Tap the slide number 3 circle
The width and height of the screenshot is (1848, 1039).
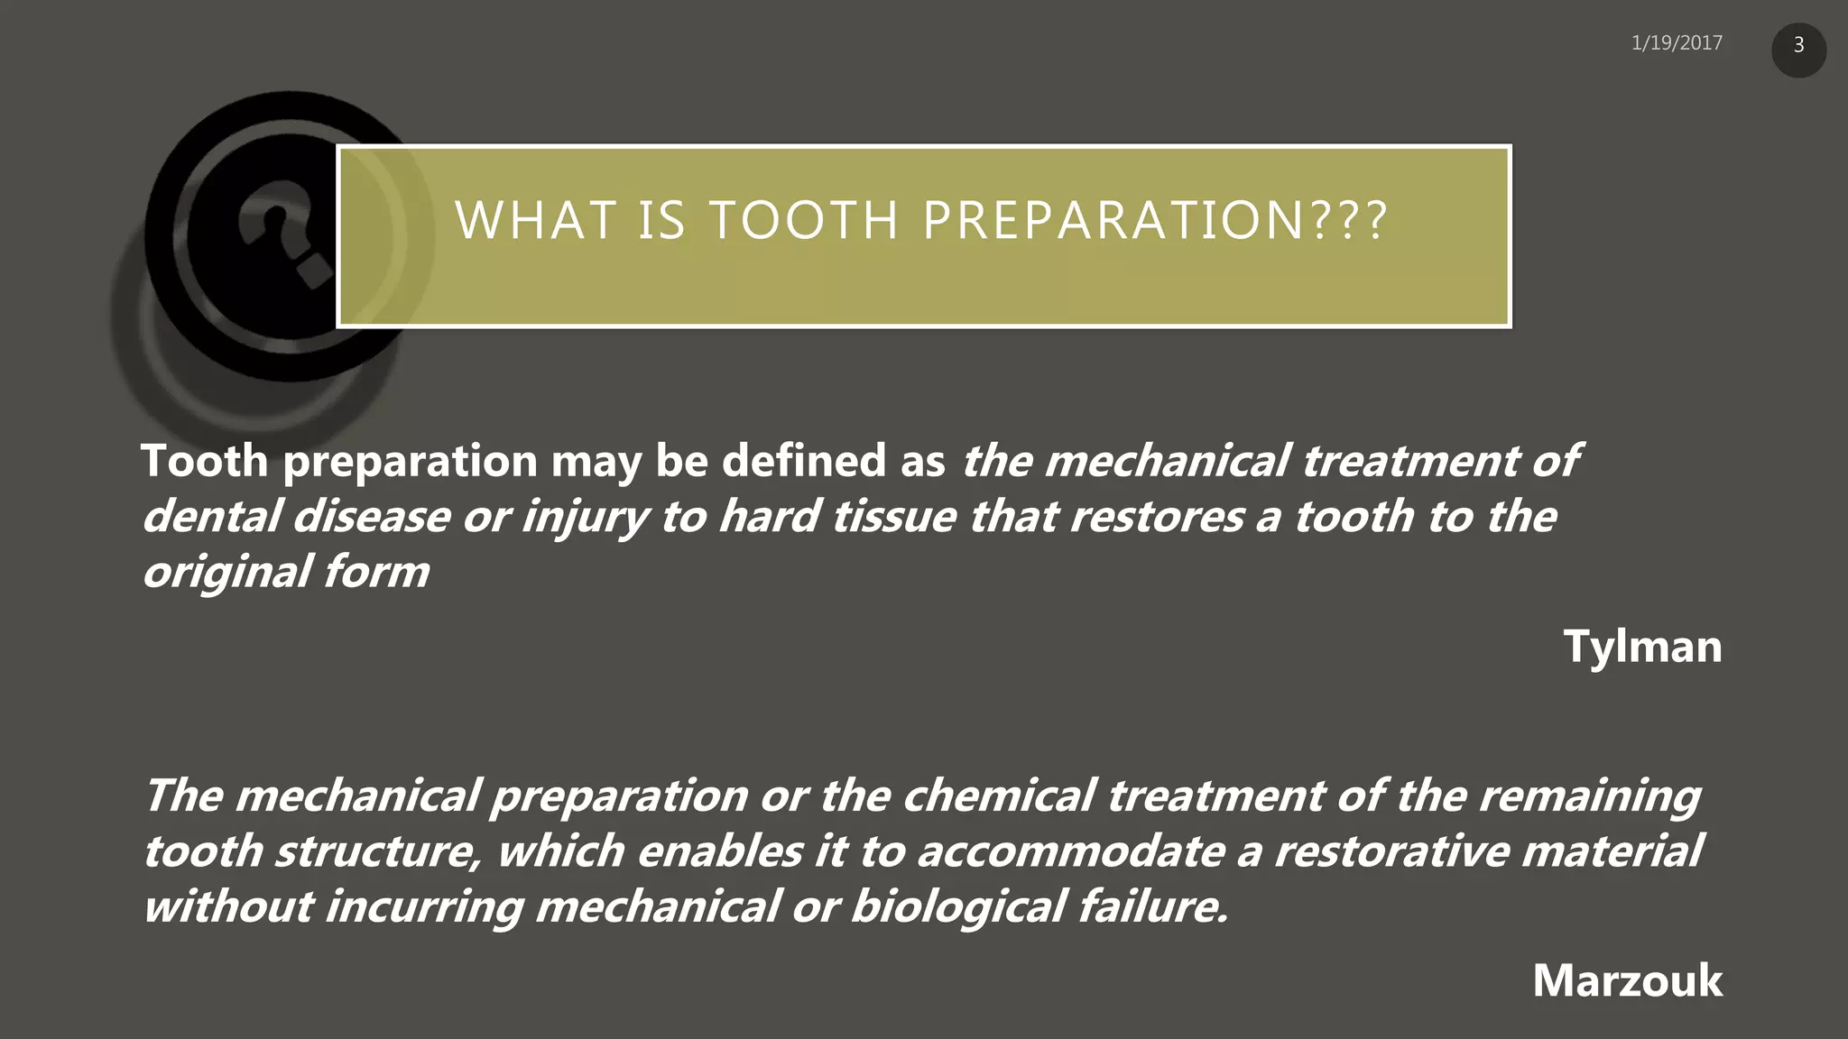(x=1798, y=46)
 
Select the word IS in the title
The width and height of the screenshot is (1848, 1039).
(x=661, y=221)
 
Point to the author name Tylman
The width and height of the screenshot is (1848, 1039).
(x=1642, y=647)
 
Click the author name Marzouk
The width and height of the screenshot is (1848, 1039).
(x=1627, y=980)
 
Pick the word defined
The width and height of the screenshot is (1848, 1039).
(x=803, y=461)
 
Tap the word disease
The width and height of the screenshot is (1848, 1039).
(x=370, y=517)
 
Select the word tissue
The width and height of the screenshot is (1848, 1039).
(x=892, y=517)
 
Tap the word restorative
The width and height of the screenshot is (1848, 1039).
(x=1391, y=851)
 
